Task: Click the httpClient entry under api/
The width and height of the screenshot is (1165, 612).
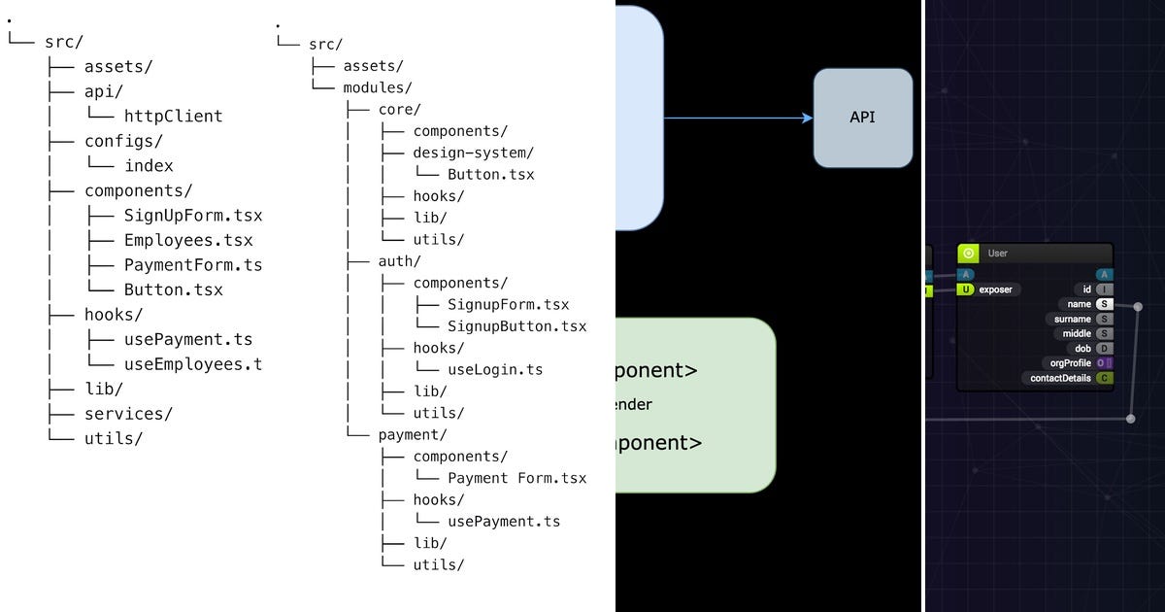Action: (x=173, y=117)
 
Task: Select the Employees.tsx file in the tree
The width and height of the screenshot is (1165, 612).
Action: (x=187, y=240)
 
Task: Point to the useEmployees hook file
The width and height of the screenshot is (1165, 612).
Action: (x=192, y=364)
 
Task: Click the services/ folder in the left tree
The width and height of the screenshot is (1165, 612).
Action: (x=128, y=414)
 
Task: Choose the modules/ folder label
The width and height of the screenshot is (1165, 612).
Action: (x=377, y=87)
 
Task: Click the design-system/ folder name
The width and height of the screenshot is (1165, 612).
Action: (x=473, y=153)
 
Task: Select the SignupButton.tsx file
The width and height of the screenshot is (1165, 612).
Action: (x=516, y=326)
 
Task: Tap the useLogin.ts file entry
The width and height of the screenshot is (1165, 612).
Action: (x=494, y=369)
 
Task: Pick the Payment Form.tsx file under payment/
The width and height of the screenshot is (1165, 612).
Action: (x=516, y=478)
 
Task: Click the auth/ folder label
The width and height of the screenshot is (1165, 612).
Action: (x=399, y=261)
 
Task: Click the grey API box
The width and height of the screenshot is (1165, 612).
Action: (x=862, y=118)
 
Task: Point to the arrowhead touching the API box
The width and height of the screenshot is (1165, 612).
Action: (x=807, y=118)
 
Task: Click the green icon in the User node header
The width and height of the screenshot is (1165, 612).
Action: (x=969, y=254)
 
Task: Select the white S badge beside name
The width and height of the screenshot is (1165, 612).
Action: (x=1105, y=304)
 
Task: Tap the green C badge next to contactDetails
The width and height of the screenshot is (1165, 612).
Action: (x=1105, y=378)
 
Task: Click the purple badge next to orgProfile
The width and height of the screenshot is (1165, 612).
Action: (x=1105, y=363)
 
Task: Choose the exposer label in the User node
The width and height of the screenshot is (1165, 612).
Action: (x=996, y=289)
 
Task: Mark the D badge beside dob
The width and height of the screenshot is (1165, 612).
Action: (x=1105, y=349)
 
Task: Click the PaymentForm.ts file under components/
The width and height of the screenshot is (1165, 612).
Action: (x=192, y=265)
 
